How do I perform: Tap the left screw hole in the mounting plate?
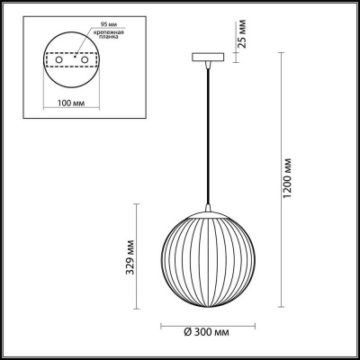pyautogui.click(x=59, y=61)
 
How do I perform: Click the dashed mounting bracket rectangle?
pyautogui.click(x=71, y=61)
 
